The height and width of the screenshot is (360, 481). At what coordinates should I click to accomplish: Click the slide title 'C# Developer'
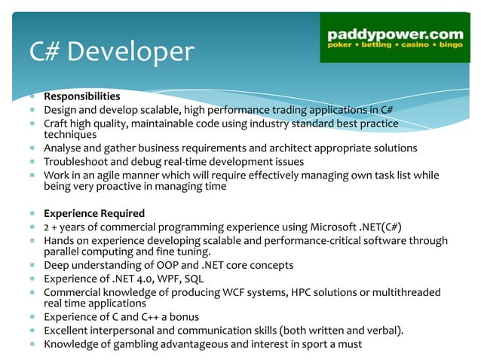point(111,51)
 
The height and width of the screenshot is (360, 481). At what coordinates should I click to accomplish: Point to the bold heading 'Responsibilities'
point(81,96)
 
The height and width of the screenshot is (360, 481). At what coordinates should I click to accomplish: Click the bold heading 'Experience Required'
point(93,213)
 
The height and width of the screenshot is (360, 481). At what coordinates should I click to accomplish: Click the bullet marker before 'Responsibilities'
point(33,97)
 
